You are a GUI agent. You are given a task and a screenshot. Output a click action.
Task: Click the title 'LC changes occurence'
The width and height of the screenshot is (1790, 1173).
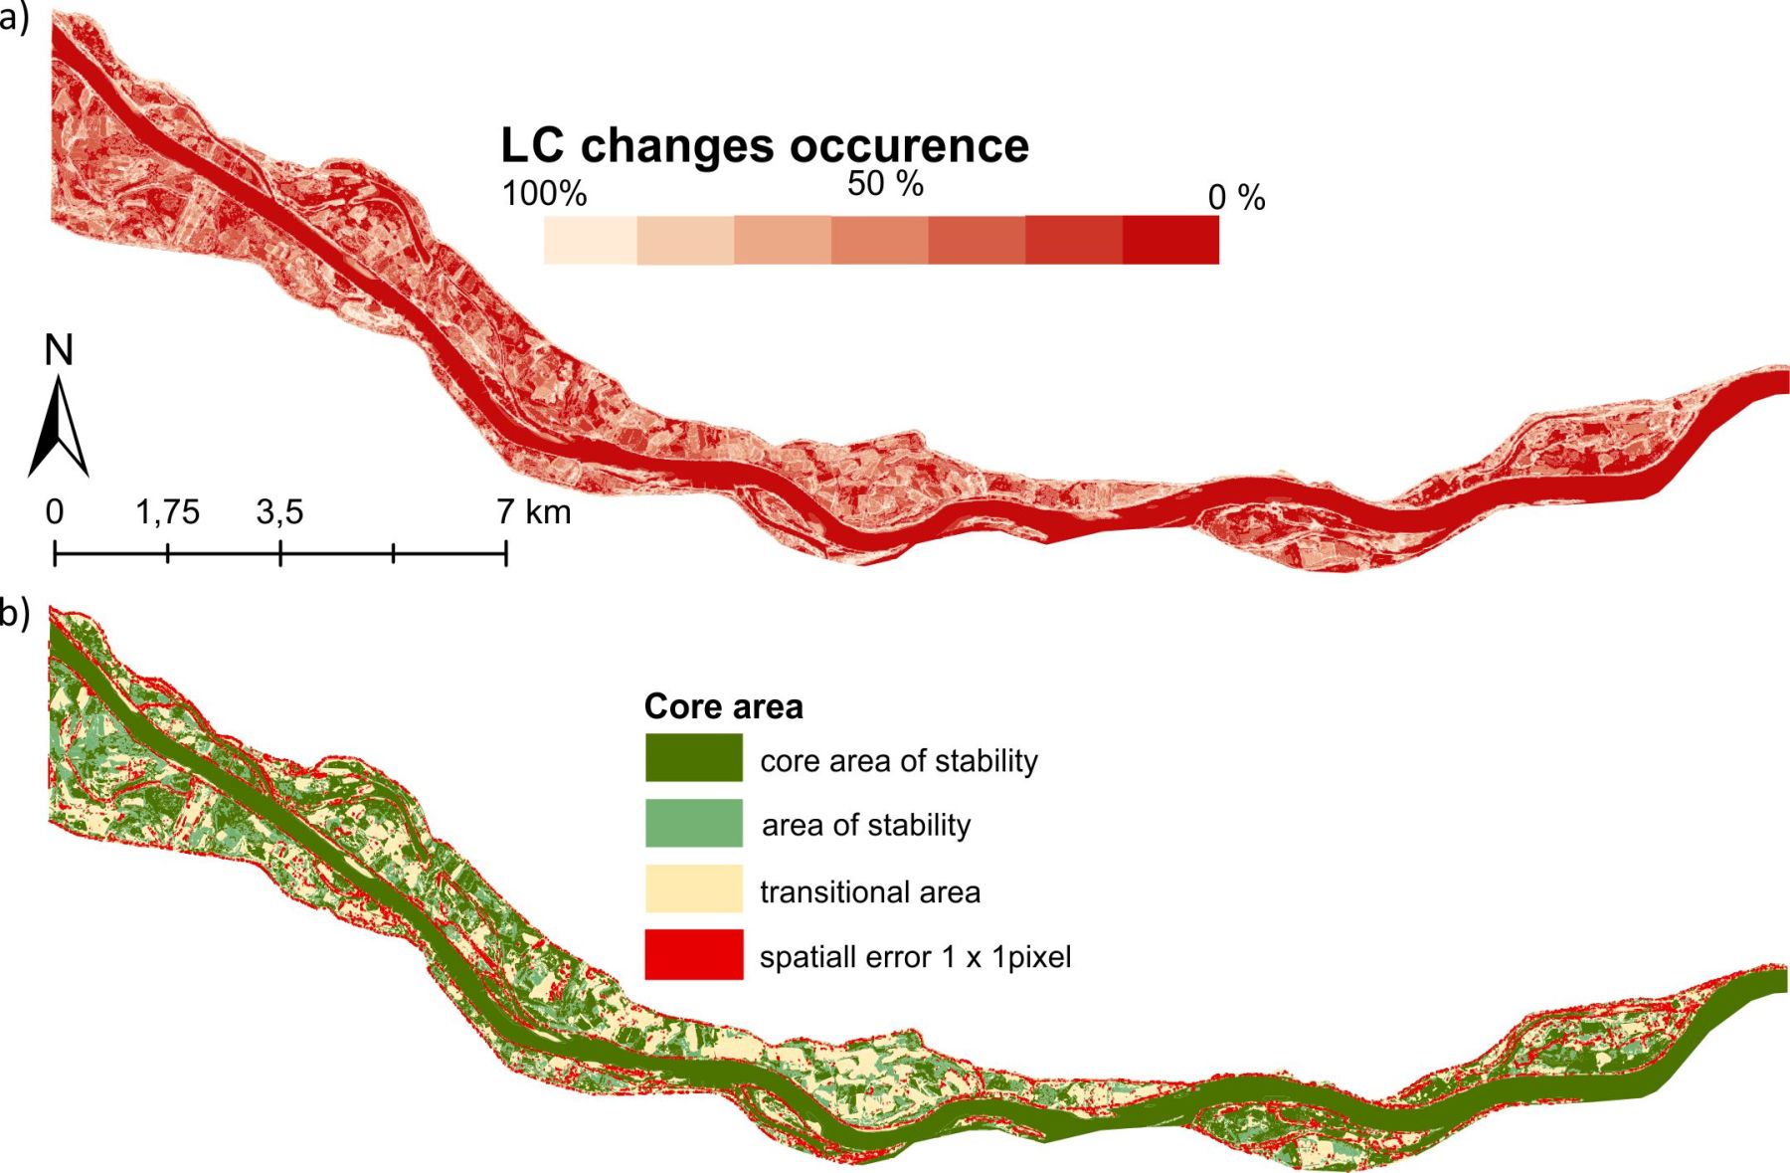[765, 145]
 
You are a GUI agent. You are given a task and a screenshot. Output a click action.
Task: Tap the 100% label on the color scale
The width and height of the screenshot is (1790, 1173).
[544, 193]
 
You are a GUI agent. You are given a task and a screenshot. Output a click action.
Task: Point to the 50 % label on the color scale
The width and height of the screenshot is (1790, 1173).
[885, 183]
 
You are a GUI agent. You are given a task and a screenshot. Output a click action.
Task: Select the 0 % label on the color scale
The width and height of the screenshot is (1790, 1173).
[1236, 197]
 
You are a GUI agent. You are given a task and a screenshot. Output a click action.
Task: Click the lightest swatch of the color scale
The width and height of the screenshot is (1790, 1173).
[591, 240]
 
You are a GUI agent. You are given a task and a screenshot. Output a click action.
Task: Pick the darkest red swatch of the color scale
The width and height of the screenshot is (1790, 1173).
[1170, 240]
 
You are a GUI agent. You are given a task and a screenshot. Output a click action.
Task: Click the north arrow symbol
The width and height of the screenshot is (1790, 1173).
[60, 427]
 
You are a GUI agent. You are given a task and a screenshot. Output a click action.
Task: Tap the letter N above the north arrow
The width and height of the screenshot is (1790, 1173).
[59, 350]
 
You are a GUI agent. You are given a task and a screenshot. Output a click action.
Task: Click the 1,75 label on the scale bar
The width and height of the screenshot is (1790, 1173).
[167, 512]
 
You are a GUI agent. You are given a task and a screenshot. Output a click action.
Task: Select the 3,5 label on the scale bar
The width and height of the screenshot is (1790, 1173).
[279, 512]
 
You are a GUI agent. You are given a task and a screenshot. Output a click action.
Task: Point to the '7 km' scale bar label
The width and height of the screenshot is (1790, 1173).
[534, 512]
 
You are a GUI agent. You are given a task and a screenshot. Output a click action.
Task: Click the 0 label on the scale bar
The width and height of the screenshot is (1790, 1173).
[55, 512]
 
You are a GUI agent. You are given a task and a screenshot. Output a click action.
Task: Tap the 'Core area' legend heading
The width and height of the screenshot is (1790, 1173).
[723, 706]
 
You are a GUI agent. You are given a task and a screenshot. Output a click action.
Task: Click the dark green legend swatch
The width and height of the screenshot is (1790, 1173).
[694, 757]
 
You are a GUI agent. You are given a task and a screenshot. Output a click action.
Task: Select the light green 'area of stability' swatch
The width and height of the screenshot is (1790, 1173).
[694, 823]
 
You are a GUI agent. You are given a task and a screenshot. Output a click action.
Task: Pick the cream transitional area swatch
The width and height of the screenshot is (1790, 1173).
[694, 888]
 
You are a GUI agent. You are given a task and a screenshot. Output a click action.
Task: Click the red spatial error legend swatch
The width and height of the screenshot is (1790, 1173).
[694, 955]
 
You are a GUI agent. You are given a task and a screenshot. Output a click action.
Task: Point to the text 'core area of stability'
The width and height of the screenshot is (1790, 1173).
[899, 761]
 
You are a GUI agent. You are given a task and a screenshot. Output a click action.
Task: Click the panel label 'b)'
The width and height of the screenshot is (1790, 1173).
[15, 614]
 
